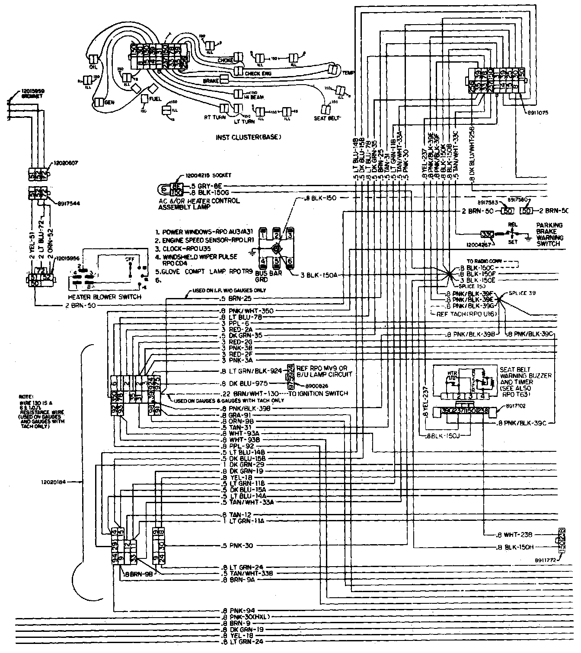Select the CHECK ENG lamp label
(258, 74)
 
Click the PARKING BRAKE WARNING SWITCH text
(549, 235)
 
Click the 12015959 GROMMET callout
(32, 93)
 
